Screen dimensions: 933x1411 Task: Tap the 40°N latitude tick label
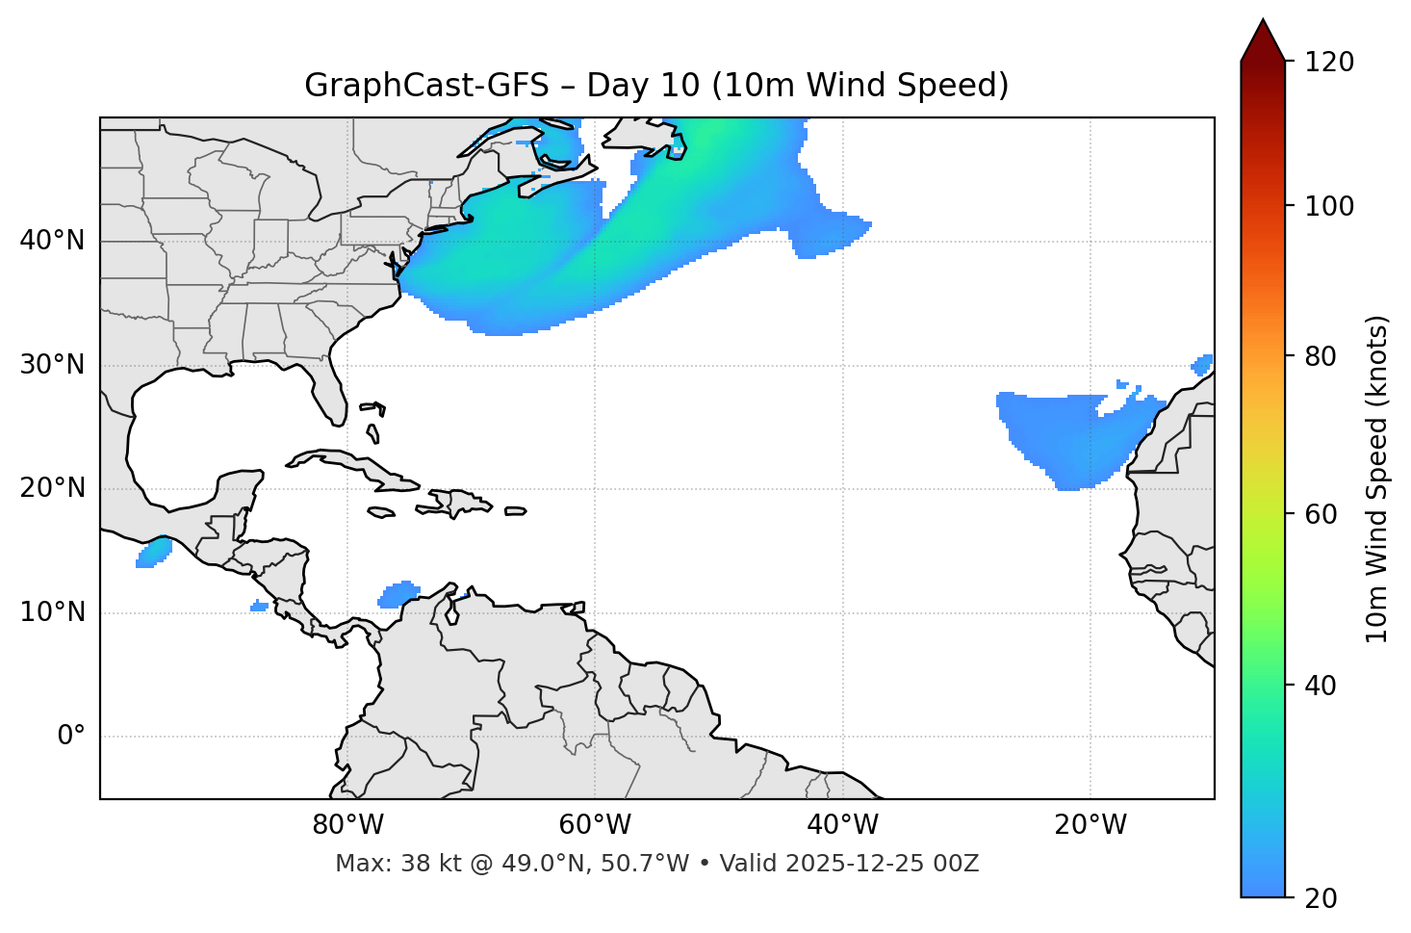(52, 241)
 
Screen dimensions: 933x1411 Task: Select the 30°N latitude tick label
(52, 365)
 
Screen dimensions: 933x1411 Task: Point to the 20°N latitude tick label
(52, 488)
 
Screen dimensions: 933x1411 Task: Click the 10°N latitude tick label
(52, 612)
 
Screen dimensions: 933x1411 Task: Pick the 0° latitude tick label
(70, 737)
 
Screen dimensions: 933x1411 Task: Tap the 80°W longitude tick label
(347, 825)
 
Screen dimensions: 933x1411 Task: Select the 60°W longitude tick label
(595, 825)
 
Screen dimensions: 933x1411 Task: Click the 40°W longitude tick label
(842, 825)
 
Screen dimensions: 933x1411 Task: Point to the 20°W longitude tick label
(1090, 825)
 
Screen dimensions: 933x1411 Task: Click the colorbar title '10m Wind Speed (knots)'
(1377, 479)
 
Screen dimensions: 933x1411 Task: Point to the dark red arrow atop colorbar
(1263, 40)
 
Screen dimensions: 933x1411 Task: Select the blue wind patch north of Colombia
(398, 594)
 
